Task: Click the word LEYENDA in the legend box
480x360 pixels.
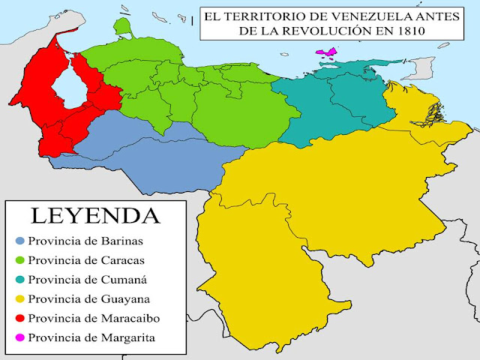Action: [94, 216]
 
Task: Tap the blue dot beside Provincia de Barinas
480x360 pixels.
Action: [19, 241]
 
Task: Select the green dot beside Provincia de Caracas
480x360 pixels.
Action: [19, 260]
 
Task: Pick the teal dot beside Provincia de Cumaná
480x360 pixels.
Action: [19, 280]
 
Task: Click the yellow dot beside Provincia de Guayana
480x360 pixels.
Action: [19, 299]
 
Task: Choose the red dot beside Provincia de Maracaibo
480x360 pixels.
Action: [19, 319]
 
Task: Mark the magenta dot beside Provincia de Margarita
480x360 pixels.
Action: [19, 338]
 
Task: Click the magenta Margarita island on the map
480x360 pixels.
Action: [327, 52]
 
